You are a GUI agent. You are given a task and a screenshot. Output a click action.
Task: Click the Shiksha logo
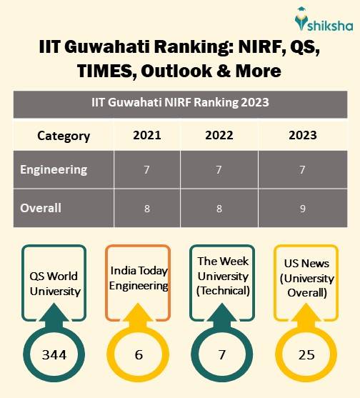click(x=321, y=21)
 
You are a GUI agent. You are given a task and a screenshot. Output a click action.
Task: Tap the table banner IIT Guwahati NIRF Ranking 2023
click(x=180, y=102)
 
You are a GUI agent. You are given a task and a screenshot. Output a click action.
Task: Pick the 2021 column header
click(x=147, y=136)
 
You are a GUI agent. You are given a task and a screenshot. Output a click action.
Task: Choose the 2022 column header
click(x=219, y=136)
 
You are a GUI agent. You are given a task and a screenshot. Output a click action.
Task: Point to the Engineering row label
click(x=54, y=170)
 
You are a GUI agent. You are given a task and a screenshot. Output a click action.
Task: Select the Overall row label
click(x=41, y=209)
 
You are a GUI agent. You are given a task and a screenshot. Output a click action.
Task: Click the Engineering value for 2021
click(x=147, y=171)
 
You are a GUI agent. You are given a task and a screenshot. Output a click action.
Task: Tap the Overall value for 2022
click(x=219, y=209)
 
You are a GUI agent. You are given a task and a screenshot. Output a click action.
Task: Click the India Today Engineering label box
click(x=139, y=279)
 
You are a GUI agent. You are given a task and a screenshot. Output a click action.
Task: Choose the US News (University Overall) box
click(x=306, y=279)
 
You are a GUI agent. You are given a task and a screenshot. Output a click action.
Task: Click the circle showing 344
click(x=54, y=354)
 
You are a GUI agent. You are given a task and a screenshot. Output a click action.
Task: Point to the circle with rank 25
click(x=306, y=354)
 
